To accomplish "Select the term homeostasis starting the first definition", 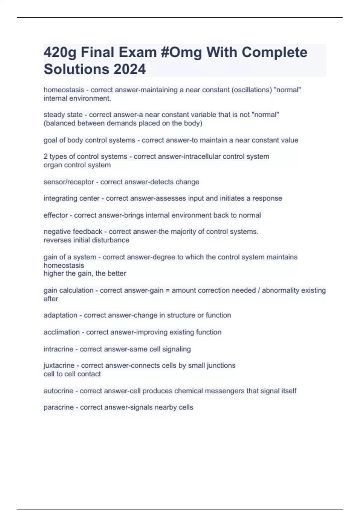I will click(64, 90).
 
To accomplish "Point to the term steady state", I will click(63, 115).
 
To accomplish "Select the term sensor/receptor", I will click(69, 182).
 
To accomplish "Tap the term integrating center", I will click(71, 198).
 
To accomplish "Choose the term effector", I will click(55, 215).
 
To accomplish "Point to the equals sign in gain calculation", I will click(167, 290).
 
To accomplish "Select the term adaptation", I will click(60, 315).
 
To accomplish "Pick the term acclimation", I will click(61, 332).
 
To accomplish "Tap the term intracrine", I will click(58, 349).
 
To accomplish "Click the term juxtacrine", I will click(59, 365).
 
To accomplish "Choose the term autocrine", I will click(58, 391).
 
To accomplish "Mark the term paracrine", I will click(58, 407).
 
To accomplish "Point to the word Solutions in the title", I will click(76, 69).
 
